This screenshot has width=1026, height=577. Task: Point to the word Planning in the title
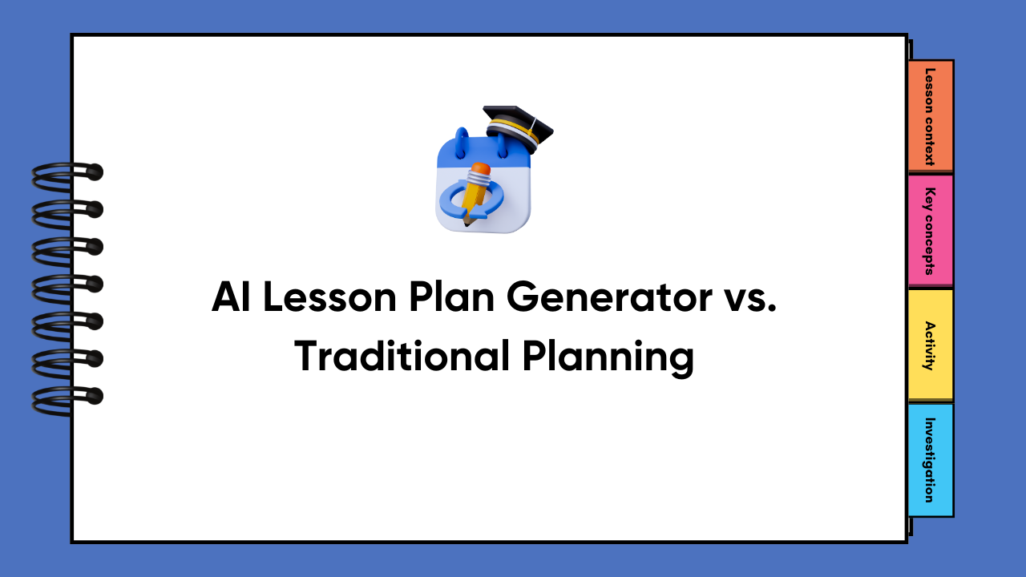tap(608, 358)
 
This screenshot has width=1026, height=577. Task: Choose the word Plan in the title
tap(446, 299)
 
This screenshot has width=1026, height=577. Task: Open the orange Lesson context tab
tap(930, 116)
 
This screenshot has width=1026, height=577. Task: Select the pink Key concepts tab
tap(930, 231)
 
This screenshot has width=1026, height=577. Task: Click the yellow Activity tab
tap(930, 345)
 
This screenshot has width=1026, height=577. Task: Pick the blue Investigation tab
tap(930, 460)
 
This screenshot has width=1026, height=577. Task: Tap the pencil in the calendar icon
tap(475, 192)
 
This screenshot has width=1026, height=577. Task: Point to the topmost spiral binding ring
tap(68, 172)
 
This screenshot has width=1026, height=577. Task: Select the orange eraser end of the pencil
tap(481, 170)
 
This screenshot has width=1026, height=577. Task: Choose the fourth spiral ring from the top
tap(68, 284)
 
